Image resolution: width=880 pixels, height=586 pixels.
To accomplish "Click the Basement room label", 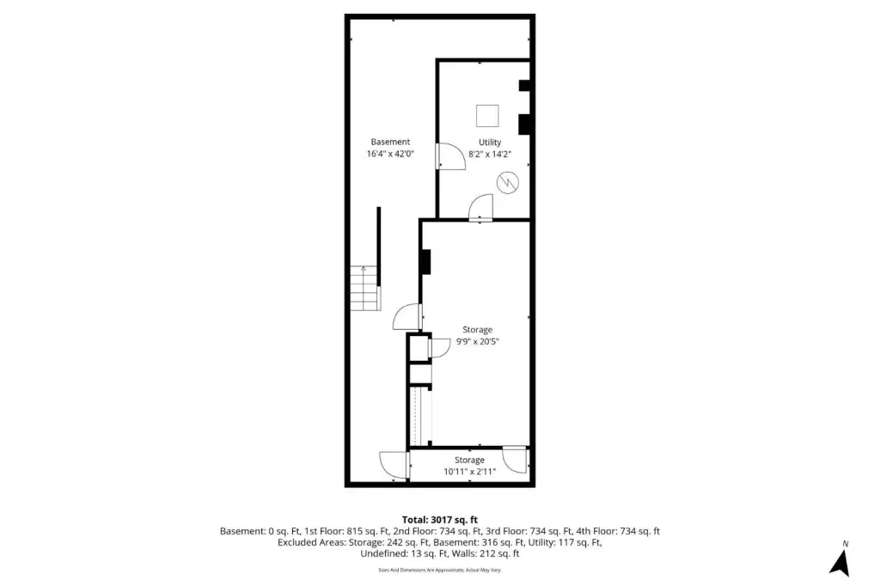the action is click(x=390, y=142).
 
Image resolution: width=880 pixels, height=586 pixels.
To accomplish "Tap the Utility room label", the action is click(x=489, y=143).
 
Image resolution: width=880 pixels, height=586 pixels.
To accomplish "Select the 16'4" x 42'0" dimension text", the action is click(x=390, y=154).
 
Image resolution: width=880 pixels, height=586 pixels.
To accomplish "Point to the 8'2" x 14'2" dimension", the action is click(x=489, y=155).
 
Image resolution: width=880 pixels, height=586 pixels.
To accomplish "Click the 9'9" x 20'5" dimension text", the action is click(x=477, y=341).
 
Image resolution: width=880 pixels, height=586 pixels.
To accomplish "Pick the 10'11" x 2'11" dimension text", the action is click(x=470, y=472).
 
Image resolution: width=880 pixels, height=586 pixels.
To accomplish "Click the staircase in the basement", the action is click(x=365, y=288).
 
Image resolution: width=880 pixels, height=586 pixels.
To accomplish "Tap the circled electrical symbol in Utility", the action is click(x=507, y=182).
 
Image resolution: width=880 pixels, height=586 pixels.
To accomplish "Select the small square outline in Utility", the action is click(x=487, y=116).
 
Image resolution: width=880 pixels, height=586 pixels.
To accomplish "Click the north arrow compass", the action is click(x=840, y=563).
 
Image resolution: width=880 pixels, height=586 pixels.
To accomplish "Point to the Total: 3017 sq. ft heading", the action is click(x=439, y=520).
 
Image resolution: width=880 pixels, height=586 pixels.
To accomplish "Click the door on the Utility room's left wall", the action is click(x=450, y=156).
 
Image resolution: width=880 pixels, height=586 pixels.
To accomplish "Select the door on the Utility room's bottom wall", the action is click(x=481, y=207).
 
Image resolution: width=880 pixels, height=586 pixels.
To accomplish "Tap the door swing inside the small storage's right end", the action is click(x=515, y=459).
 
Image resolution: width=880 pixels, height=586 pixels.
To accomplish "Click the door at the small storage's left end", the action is click(x=394, y=466).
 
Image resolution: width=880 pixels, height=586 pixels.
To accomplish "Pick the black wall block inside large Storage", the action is click(x=426, y=261).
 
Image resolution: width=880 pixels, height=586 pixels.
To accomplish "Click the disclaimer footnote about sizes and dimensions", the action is click(x=439, y=570).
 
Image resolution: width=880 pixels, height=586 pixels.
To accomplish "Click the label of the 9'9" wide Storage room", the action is click(x=477, y=329).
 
